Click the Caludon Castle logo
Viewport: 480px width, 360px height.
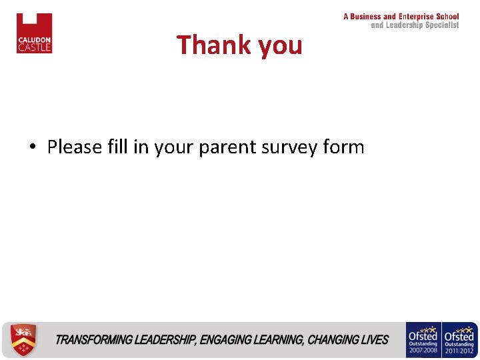pos(34,33)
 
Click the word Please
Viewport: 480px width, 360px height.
pos(75,147)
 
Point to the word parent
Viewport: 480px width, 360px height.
pos(224,147)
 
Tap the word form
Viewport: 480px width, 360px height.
pos(343,147)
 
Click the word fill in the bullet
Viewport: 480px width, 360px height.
pos(117,147)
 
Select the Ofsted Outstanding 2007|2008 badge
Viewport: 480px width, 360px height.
pos(423,340)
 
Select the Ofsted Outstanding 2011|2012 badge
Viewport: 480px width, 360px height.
pos(459,340)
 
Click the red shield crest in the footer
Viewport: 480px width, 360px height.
pos(24,340)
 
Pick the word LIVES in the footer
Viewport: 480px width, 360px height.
pos(375,340)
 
